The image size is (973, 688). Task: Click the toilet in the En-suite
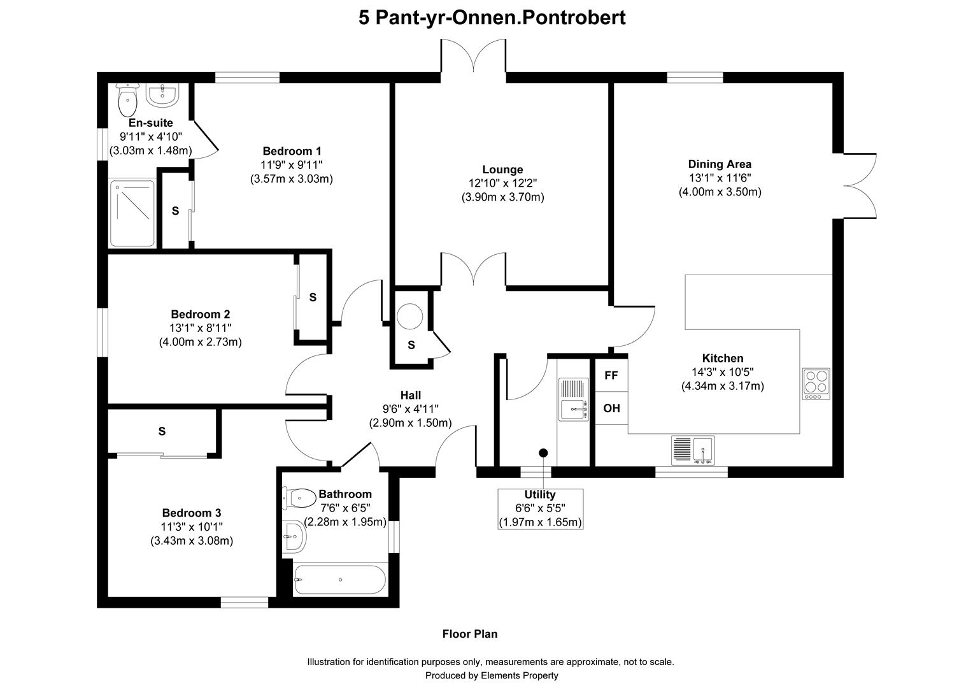[128, 99]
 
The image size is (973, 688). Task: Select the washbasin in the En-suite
[164, 95]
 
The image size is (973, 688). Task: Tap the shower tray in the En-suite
[132, 213]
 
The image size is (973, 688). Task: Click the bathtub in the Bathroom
[339, 579]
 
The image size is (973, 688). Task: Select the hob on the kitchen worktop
[816, 384]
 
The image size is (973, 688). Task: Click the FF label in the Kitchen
[611, 375]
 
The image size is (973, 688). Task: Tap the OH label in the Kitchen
[611, 408]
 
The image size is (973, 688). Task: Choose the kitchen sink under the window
[693, 450]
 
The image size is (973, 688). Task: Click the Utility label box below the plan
[540, 508]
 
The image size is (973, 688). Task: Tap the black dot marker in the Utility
[543, 453]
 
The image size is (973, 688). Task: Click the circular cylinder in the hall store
[410, 316]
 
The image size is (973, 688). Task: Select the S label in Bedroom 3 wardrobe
[162, 431]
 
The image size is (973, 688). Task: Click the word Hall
[410, 396]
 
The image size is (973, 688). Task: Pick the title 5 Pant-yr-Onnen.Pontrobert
[492, 17]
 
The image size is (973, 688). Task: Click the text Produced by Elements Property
[491, 675]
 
